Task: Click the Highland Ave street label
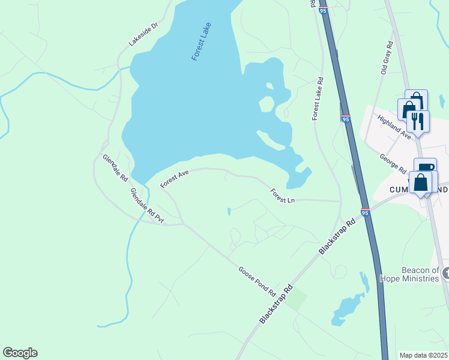pos(394,127)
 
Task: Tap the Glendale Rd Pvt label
pos(148,206)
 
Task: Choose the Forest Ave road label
pos(175,179)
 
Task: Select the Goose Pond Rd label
pos(257,281)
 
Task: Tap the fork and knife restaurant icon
pos(418,121)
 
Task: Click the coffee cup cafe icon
pos(425,169)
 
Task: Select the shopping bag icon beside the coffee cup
pos(421,182)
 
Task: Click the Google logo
pos(20,353)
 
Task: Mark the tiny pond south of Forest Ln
pos(229,211)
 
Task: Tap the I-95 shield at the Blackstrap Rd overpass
pos(364,211)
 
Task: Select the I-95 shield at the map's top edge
pos(323,10)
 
